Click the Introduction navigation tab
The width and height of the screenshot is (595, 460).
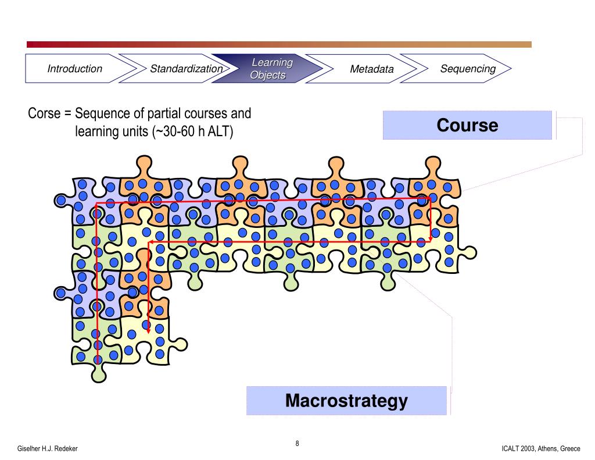[x=74, y=69]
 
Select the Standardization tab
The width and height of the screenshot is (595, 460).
[x=186, y=69]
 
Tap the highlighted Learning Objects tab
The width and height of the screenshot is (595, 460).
[x=270, y=69]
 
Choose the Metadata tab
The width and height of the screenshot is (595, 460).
[x=371, y=69]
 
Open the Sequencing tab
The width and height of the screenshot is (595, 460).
[x=467, y=69]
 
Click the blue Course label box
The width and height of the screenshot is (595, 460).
[x=467, y=126]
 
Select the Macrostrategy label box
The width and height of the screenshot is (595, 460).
[x=346, y=401]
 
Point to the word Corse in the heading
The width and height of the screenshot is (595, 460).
[x=44, y=113]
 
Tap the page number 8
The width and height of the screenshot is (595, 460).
[x=297, y=444]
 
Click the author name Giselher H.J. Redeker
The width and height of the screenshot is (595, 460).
[x=48, y=450]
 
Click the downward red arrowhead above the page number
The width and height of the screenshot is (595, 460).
[x=148, y=330]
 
